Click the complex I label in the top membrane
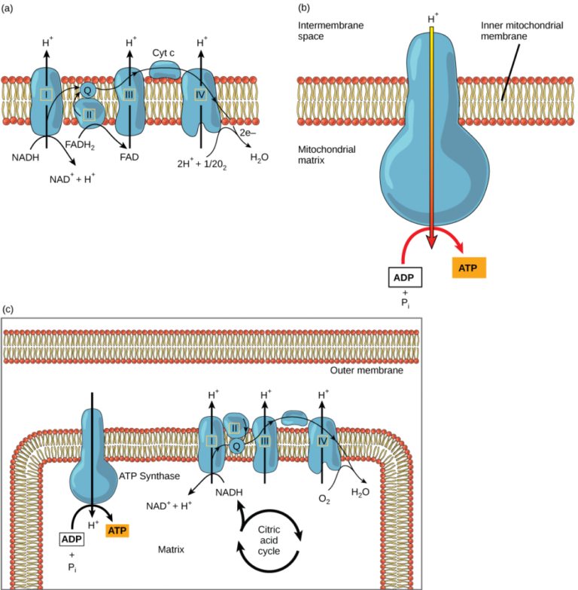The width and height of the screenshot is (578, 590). [47, 94]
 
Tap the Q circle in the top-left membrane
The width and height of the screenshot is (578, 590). [88, 90]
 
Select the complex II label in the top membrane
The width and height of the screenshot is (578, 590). [89, 115]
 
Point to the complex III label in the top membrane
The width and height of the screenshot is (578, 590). [129, 94]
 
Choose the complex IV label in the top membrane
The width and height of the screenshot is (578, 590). [201, 95]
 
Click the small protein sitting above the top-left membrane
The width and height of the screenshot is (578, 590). [165, 70]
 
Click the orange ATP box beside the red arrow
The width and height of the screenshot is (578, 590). [469, 267]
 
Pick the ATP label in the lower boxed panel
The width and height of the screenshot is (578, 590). [117, 530]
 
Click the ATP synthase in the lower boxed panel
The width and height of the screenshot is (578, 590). [93, 460]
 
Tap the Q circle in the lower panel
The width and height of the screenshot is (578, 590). [236, 446]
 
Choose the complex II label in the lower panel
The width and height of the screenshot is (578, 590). [235, 428]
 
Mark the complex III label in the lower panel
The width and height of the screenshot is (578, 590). [264, 441]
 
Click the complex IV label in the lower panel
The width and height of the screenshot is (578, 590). [323, 441]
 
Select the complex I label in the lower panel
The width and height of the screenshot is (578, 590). [211, 441]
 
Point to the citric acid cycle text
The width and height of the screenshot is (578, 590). [269, 540]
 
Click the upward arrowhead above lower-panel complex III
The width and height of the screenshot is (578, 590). [265, 402]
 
